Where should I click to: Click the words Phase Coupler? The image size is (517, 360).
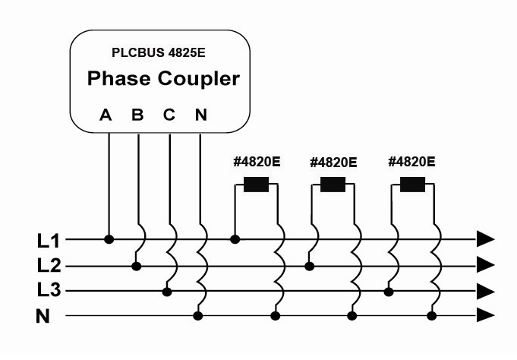(163, 78)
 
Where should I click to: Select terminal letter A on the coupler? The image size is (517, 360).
(106, 115)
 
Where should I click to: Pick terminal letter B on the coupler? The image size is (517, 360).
(137, 115)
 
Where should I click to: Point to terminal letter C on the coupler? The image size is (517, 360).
(169, 115)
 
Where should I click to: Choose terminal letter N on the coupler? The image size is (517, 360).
(200, 115)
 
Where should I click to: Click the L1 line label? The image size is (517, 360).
(48, 241)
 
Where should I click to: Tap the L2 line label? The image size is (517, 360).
(48, 266)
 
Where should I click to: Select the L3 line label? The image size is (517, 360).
(48, 291)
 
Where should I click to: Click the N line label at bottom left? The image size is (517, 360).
(43, 316)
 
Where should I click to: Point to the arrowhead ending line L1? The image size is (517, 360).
(485, 239)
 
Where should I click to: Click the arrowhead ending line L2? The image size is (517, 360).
(485, 265)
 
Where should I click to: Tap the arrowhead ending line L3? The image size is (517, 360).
(485, 291)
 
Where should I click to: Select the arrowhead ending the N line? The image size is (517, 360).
(485, 316)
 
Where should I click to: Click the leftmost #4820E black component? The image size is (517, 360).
(257, 185)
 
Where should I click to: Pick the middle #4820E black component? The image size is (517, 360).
(333, 185)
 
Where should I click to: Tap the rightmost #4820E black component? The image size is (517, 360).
(412, 185)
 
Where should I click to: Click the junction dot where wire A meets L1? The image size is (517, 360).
(109, 239)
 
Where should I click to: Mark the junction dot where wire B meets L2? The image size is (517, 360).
(137, 266)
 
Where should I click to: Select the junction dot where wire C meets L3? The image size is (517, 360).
(167, 291)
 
